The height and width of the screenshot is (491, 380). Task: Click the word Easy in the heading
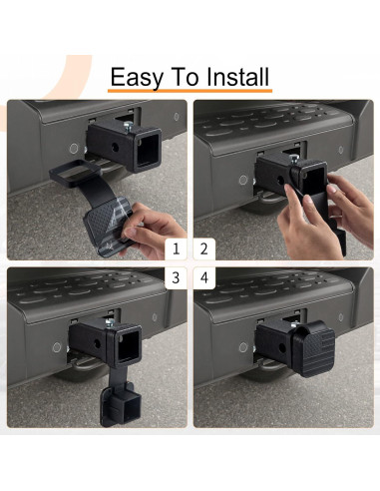(137, 77)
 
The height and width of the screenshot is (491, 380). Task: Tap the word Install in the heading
(237, 76)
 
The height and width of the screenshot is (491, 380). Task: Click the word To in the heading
(185, 77)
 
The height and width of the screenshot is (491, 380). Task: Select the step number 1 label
(176, 248)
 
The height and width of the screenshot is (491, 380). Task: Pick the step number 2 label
(204, 248)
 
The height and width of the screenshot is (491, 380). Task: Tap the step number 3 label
(176, 277)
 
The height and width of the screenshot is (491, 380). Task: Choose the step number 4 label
(204, 277)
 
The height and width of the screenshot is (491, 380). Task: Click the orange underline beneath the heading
(190, 90)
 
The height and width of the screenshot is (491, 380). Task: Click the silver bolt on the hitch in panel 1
(128, 126)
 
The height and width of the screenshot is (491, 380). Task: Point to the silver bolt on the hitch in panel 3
(109, 322)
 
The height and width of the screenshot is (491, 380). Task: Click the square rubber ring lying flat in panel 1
(75, 173)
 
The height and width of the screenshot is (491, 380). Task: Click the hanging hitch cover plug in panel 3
(117, 403)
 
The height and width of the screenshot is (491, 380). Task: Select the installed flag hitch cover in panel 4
(314, 349)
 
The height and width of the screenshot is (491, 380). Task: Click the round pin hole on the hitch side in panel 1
(115, 148)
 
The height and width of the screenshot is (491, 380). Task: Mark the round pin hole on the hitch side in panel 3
(97, 344)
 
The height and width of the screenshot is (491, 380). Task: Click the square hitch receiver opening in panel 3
(128, 346)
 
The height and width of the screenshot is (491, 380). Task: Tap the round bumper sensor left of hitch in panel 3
(57, 347)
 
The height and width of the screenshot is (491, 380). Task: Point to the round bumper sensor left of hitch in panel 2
(243, 180)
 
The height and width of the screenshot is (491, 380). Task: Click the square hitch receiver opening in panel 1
(148, 150)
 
